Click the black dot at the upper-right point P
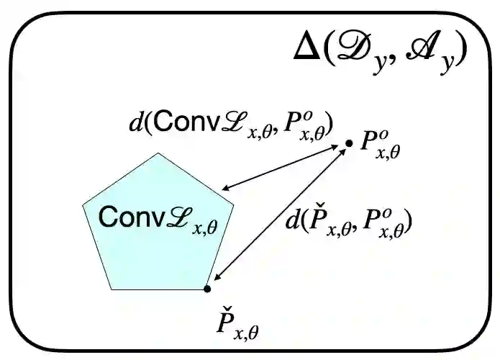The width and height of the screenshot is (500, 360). point(349,144)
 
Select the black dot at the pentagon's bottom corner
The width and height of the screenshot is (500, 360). point(207,289)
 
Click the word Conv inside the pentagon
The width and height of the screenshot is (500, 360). point(123,217)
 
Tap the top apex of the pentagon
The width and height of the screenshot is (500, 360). point(159,153)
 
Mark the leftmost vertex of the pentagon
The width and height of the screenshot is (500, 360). point(83,204)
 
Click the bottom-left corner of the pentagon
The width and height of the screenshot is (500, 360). point(112,289)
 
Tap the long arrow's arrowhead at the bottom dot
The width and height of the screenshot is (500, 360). point(217,277)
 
